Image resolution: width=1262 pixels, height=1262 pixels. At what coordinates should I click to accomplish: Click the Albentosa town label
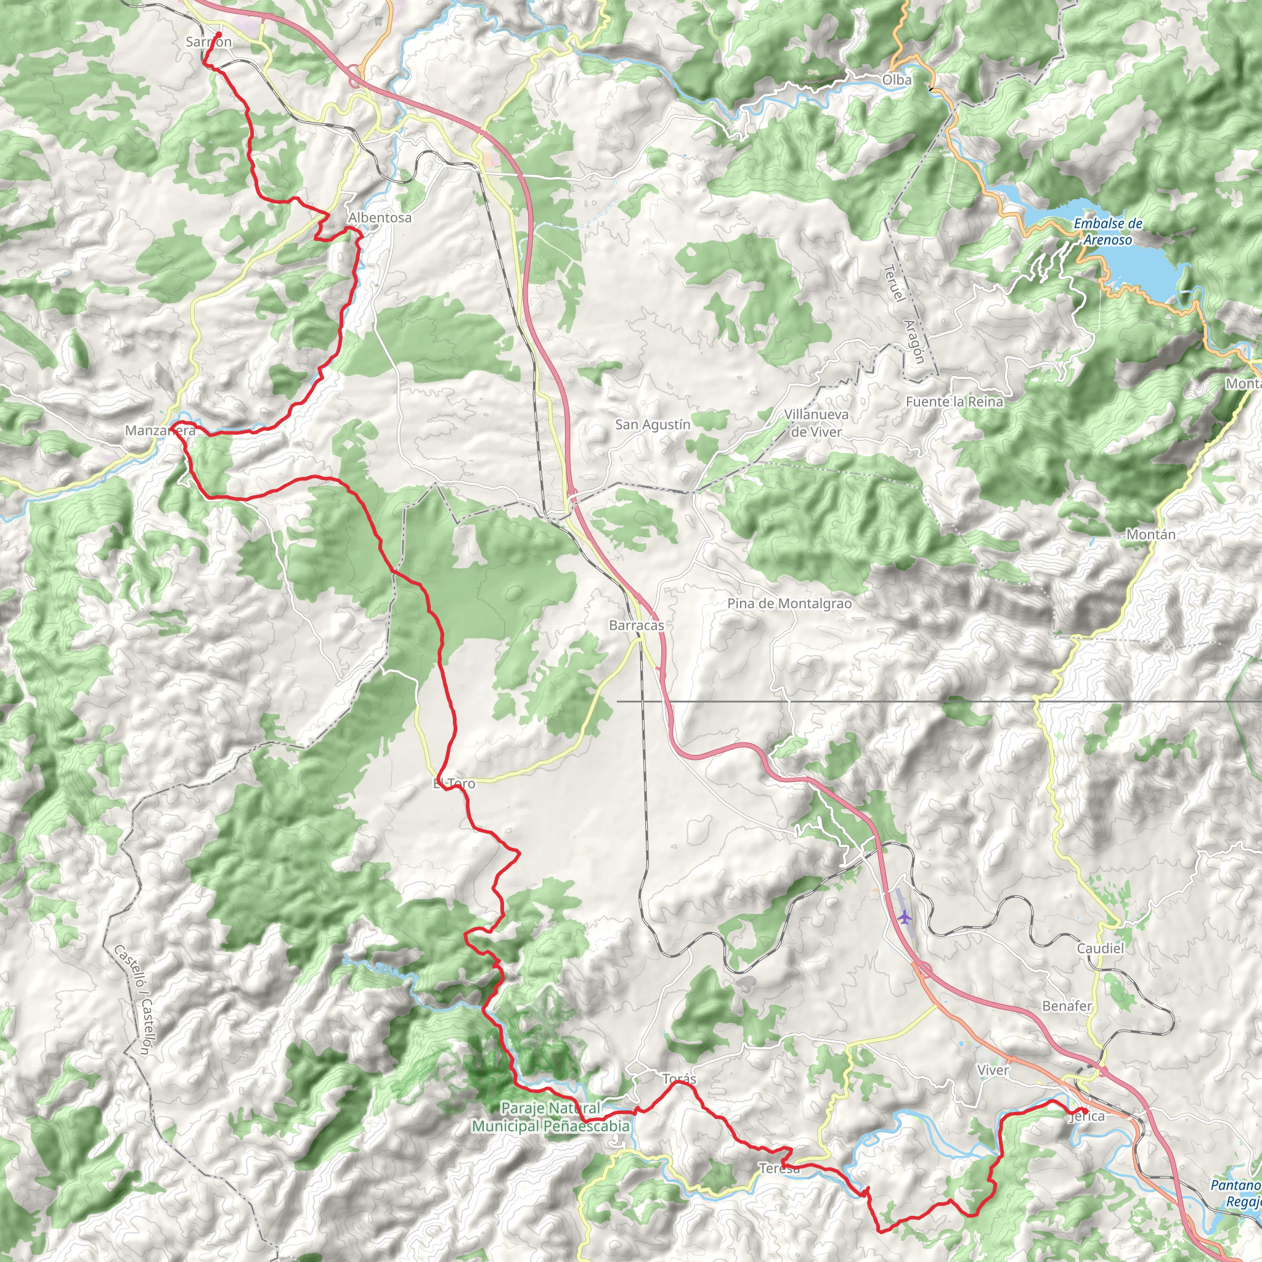click(380, 218)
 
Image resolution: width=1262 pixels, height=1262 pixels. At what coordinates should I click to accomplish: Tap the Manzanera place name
click(160, 431)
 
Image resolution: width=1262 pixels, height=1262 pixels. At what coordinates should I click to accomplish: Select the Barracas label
click(636, 625)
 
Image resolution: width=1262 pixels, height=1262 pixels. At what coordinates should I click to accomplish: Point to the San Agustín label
click(652, 425)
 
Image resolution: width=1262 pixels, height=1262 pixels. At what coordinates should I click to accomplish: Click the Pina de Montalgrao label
click(789, 603)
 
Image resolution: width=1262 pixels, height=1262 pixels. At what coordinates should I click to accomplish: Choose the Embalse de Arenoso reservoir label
click(1108, 231)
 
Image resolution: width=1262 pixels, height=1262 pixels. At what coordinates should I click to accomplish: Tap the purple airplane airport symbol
click(904, 917)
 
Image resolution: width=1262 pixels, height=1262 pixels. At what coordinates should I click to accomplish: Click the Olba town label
click(896, 79)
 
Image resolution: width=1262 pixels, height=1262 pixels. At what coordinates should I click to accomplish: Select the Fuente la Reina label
click(954, 402)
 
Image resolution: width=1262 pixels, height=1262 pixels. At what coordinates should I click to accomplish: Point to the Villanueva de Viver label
click(816, 423)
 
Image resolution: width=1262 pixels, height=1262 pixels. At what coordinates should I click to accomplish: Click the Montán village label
click(1150, 534)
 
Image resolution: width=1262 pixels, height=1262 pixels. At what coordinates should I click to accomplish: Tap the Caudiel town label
click(1100, 948)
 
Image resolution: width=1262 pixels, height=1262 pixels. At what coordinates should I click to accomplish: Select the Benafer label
click(1067, 1006)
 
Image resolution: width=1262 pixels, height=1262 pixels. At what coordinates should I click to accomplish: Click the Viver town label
click(993, 1070)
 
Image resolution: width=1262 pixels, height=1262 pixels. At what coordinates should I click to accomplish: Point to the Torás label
click(679, 1079)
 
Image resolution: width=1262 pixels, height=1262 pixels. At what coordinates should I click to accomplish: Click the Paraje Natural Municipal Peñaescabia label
click(550, 1117)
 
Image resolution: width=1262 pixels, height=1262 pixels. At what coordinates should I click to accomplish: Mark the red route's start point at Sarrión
click(219, 35)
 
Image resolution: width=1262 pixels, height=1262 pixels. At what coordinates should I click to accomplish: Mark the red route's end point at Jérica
click(1085, 1110)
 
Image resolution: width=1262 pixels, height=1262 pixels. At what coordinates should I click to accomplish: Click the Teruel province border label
click(893, 283)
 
